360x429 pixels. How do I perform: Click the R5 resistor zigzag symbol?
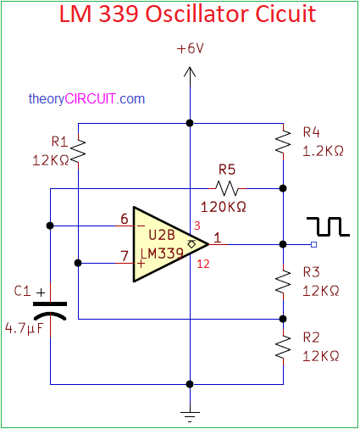click(x=227, y=188)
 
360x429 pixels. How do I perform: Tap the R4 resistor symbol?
click(x=283, y=142)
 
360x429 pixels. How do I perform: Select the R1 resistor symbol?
click(x=78, y=152)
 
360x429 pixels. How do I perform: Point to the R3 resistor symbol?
click(x=283, y=281)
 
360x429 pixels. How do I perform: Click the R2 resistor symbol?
click(x=283, y=347)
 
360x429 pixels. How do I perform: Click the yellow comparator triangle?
click(x=170, y=244)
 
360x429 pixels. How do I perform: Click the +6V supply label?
click(x=190, y=48)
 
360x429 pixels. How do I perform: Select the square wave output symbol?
click(x=328, y=226)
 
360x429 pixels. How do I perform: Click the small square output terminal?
click(x=313, y=244)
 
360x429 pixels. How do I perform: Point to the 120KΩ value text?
click(x=223, y=207)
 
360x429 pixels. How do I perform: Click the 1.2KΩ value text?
click(x=323, y=152)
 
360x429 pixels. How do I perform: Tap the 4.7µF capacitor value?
click(x=25, y=328)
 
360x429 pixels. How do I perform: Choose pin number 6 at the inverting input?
click(x=125, y=219)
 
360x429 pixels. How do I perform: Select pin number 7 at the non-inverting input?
click(x=125, y=256)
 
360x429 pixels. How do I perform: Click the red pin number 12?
click(x=203, y=264)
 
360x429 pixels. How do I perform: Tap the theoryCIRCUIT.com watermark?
click(x=86, y=99)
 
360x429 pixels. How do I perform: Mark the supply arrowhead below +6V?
click(x=190, y=72)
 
